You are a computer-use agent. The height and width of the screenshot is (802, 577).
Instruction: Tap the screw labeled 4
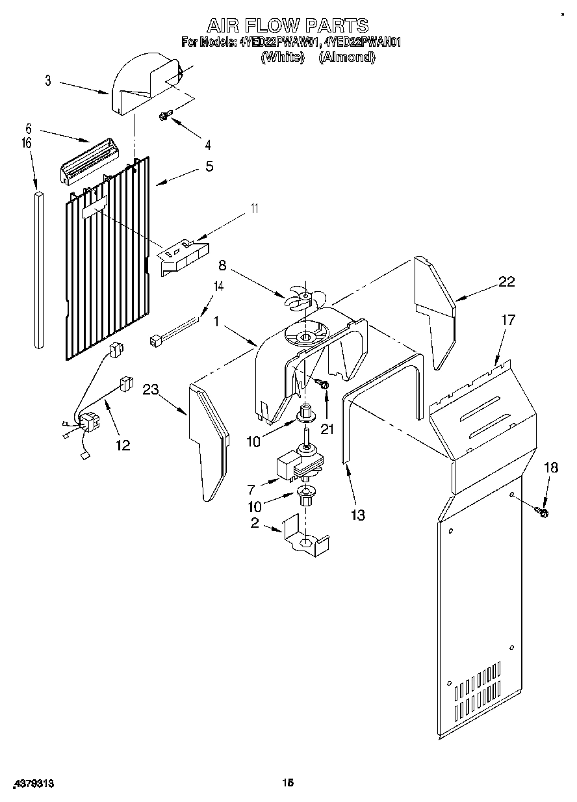pos(164,116)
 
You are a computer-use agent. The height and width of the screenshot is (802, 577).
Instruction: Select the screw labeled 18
pos(542,513)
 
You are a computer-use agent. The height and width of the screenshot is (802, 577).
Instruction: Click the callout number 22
pos(506,281)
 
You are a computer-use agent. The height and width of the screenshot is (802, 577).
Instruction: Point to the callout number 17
pos(507,319)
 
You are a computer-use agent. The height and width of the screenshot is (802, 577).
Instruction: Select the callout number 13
pos(357,515)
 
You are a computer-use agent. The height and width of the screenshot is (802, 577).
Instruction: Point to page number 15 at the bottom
pos(288,783)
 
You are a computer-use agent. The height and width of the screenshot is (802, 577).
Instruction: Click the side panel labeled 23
pos(207,442)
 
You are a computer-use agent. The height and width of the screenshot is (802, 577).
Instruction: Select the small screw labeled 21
pos(324,386)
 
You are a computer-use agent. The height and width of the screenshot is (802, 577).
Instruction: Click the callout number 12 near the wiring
pos(123,445)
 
